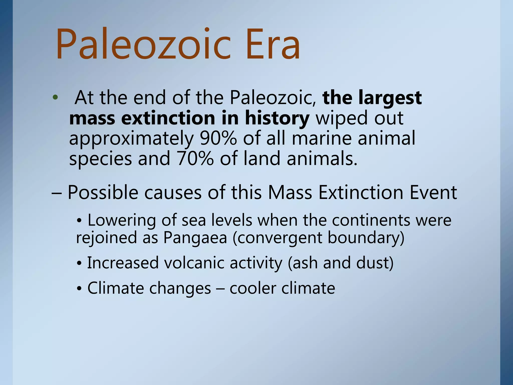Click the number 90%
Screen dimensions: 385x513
pos(218,138)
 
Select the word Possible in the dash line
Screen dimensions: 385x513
pos(103,192)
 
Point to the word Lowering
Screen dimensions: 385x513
pos(121,220)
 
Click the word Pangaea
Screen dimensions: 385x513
pos(195,238)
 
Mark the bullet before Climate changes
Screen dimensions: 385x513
pos(79,289)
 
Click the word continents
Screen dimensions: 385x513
pos(371,220)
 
